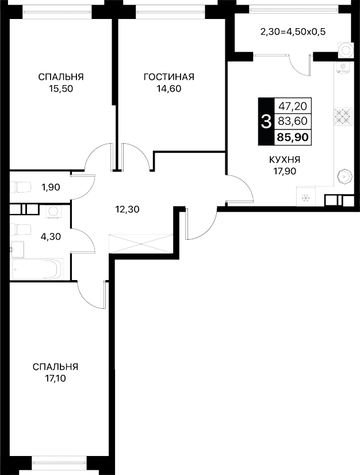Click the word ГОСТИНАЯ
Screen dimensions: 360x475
click(169, 77)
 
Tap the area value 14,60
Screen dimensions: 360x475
click(169, 89)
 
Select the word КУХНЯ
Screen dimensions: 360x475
click(285, 159)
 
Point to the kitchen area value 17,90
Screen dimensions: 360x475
click(285, 171)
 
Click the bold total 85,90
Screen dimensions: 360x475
click(293, 137)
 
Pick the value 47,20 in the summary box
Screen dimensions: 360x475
click(293, 106)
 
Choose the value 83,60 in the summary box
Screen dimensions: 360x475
click(293, 121)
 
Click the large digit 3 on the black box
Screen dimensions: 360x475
click(266, 122)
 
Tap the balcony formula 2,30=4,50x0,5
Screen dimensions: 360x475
click(293, 32)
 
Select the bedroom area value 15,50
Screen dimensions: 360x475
click(61, 89)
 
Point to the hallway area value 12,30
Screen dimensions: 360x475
click(127, 209)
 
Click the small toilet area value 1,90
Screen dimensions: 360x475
click(51, 187)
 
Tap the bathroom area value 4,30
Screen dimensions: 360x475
click(51, 236)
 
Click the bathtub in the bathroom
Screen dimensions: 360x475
click(37, 269)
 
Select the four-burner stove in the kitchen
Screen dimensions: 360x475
click(343, 116)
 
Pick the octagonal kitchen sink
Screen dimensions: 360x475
click(344, 177)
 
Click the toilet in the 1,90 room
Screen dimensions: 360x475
click(21, 187)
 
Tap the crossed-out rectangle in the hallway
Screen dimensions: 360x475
click(140, 243)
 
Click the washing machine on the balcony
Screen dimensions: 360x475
click(346, 49)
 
